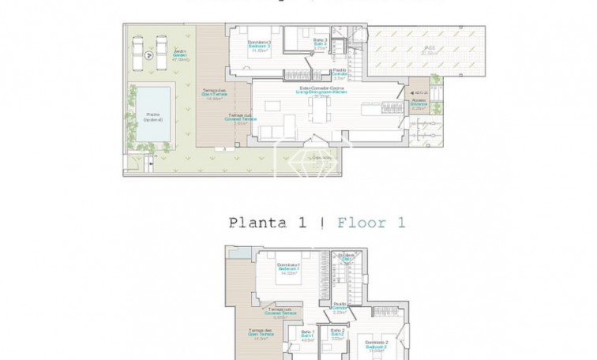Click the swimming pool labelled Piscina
[x=153, y=115]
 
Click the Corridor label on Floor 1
[x=341, y=307]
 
